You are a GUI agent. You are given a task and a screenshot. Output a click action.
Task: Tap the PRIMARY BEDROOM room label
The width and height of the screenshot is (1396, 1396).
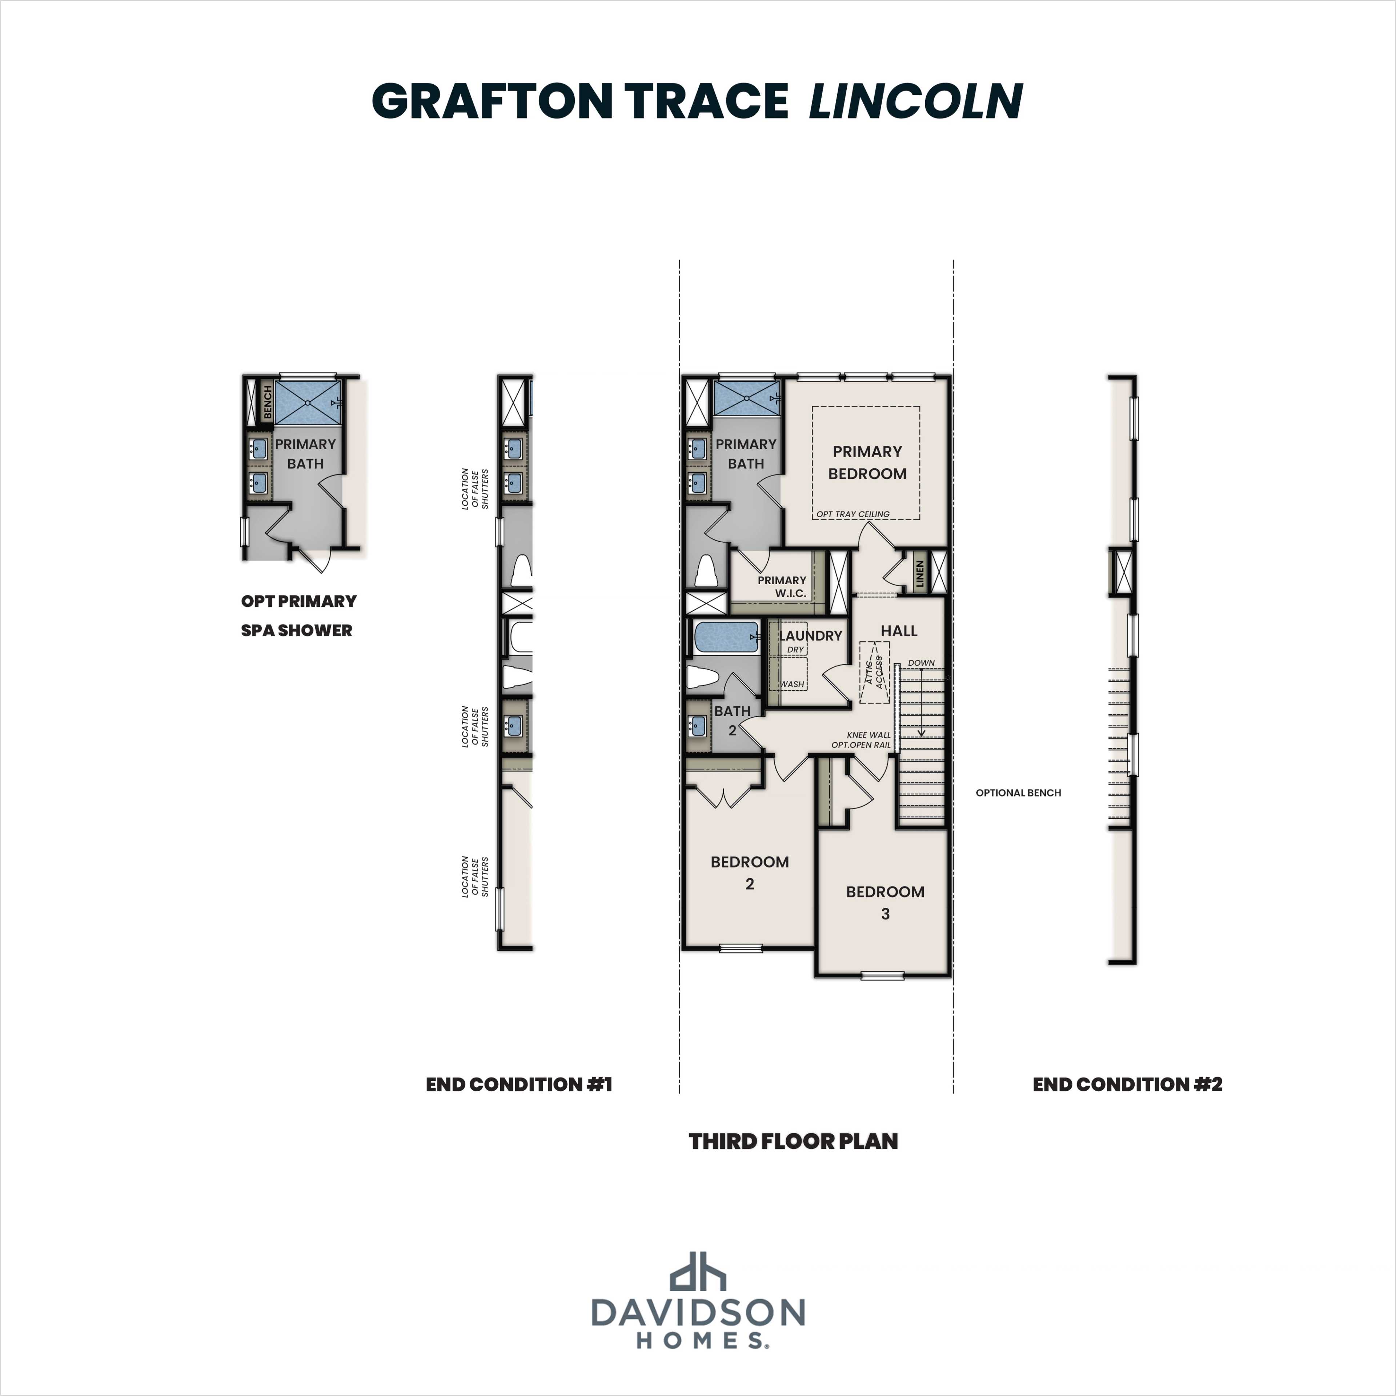(x=867, y=462)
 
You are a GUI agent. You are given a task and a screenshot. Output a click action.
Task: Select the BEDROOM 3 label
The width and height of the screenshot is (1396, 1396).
(x=885, y=902)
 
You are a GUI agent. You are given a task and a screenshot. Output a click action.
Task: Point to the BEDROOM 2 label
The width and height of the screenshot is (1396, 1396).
(x=749, y=872)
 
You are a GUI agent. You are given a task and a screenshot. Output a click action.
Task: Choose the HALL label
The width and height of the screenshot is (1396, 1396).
(x=899, y=631)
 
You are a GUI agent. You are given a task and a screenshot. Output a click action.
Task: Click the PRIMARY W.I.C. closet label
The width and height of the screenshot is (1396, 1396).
(x=782, y=586)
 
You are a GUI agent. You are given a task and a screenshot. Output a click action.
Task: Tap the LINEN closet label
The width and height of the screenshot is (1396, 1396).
(x=920, y=574)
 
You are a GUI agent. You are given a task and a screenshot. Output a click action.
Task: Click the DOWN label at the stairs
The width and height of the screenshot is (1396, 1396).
(x=921, y=663)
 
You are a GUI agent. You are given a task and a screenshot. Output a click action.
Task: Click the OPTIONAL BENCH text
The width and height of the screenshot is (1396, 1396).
(x=1018, y=793)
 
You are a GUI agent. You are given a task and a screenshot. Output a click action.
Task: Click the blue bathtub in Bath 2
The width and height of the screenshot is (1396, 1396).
(x=726, y=637)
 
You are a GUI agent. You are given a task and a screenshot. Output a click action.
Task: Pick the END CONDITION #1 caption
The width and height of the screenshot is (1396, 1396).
(x=519, y=1084)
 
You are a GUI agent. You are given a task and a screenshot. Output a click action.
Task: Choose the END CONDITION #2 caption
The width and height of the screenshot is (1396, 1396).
(x=1127, y=1084)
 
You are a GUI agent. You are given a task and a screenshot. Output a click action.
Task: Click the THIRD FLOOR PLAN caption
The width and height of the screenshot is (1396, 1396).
(x=793, y=1142)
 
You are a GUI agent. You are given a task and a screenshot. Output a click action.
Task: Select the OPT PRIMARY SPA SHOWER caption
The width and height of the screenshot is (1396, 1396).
(x=298, y=615)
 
